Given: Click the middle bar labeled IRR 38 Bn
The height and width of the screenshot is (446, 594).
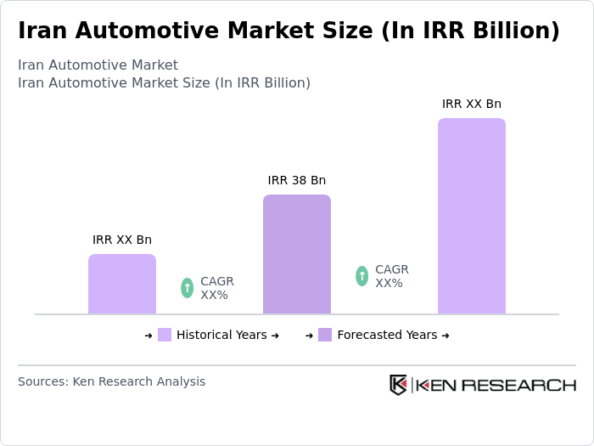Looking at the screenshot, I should tap(296, 255).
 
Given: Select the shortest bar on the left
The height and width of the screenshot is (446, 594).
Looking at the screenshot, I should tap(122, 285).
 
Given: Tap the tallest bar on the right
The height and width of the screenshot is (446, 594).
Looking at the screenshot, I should tap(471, 217).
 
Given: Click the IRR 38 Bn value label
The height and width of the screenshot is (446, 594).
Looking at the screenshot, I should tap(296, 180).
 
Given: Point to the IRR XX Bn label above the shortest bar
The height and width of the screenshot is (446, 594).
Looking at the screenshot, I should tap(122, 240).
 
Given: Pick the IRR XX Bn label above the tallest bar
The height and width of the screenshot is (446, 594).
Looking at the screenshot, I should tap(471, 104).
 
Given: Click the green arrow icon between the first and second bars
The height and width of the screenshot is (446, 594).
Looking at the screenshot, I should tap(187, 288).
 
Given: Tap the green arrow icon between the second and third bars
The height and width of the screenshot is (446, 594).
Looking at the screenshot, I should tap(361, 276).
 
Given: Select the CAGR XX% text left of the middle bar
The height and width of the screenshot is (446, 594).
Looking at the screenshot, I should tap(216, 288).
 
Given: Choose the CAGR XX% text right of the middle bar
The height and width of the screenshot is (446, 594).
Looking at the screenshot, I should tap(391, 276).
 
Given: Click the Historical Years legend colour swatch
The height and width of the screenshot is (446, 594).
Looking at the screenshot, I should tap(165, 335).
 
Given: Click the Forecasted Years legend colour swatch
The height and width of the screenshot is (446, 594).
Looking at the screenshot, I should tap(325, 335).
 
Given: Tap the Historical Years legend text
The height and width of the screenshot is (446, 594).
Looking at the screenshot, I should tap(221, 335).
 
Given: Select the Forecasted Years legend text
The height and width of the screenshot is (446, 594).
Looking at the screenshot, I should tap(387, 335).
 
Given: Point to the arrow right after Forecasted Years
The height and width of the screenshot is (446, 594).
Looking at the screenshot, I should tap(445, 336).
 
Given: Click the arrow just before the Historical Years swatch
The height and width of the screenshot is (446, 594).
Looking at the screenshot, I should tap(148, 336).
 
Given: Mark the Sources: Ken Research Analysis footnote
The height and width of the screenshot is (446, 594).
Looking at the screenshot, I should tap(111, 381).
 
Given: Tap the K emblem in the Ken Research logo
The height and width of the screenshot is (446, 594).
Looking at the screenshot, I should tap(398, 385).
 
